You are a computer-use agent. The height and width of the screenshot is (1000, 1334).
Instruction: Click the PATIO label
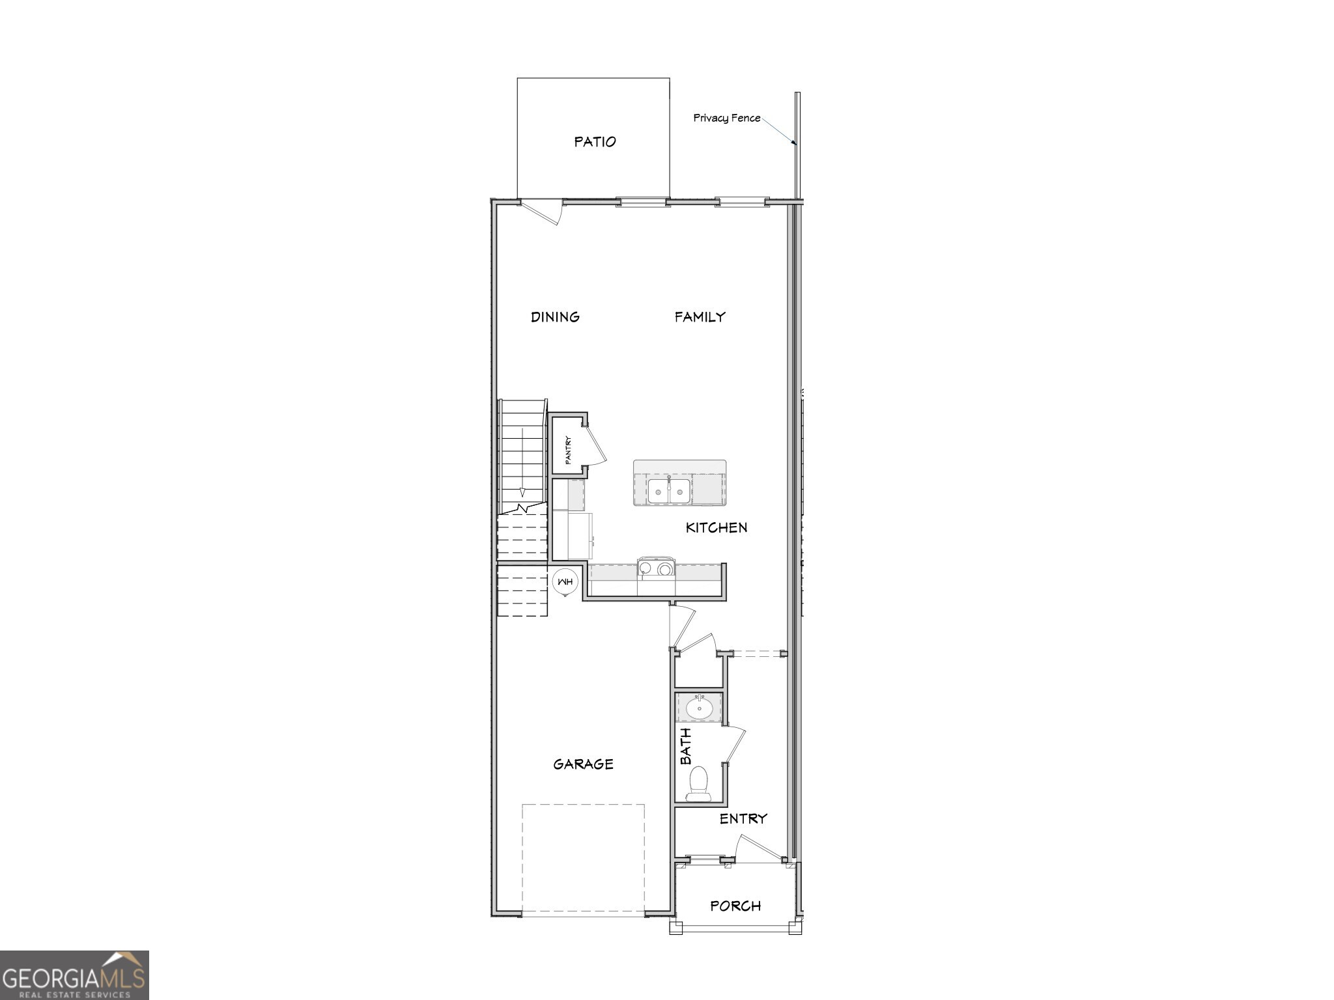pyautogui.click(x=595, y=142)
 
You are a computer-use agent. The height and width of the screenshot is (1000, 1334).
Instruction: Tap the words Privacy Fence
pyautogui.click(x=726, y=118)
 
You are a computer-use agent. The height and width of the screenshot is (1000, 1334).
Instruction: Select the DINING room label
pyautogui.click(x=555, y=317)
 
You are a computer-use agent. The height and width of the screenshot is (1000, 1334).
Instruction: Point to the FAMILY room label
pyautogui.click(x=700, y=317)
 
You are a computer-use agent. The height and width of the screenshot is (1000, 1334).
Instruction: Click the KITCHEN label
pyautogui.click(x=717, y=527)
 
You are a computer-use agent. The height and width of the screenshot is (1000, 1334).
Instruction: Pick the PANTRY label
pyautogui.click(x=568, y=450)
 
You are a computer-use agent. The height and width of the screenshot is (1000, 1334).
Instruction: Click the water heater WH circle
pyautogui.click(x=564, y=581)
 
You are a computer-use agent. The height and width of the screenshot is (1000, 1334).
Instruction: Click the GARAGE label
pyautogui.click(x=583, y=764)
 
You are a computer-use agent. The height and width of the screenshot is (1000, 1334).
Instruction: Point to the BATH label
pyautogui.click(x=686, y=746)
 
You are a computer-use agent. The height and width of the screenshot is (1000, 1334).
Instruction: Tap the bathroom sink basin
pyautogui.click(x=700, y=708)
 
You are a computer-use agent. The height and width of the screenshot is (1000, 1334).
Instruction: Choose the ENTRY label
pyautogui.click(x=743, y=819)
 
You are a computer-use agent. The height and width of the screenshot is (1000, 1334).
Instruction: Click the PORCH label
pyautogui.click(x=735, y=906)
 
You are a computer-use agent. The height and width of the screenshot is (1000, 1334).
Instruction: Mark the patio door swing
pyautogui.click(x=545, y=212)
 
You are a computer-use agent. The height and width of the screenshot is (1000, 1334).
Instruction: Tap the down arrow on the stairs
pyautogui.click(x=522, y=490)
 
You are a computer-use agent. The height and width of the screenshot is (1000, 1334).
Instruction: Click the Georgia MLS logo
pyautogui.click(x=74, y=975)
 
